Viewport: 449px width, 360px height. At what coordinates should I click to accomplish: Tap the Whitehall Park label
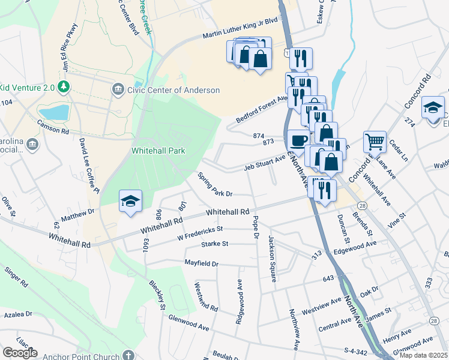(158, 151)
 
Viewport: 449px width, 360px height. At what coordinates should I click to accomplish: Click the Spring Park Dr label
(215, 184)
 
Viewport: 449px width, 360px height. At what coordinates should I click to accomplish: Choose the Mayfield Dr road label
(201, 263)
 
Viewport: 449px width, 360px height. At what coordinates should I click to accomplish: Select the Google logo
(20, 353)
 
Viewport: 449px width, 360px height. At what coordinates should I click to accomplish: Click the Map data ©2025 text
(424, 355)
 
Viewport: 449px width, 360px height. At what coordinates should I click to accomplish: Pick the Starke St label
(215, 244)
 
